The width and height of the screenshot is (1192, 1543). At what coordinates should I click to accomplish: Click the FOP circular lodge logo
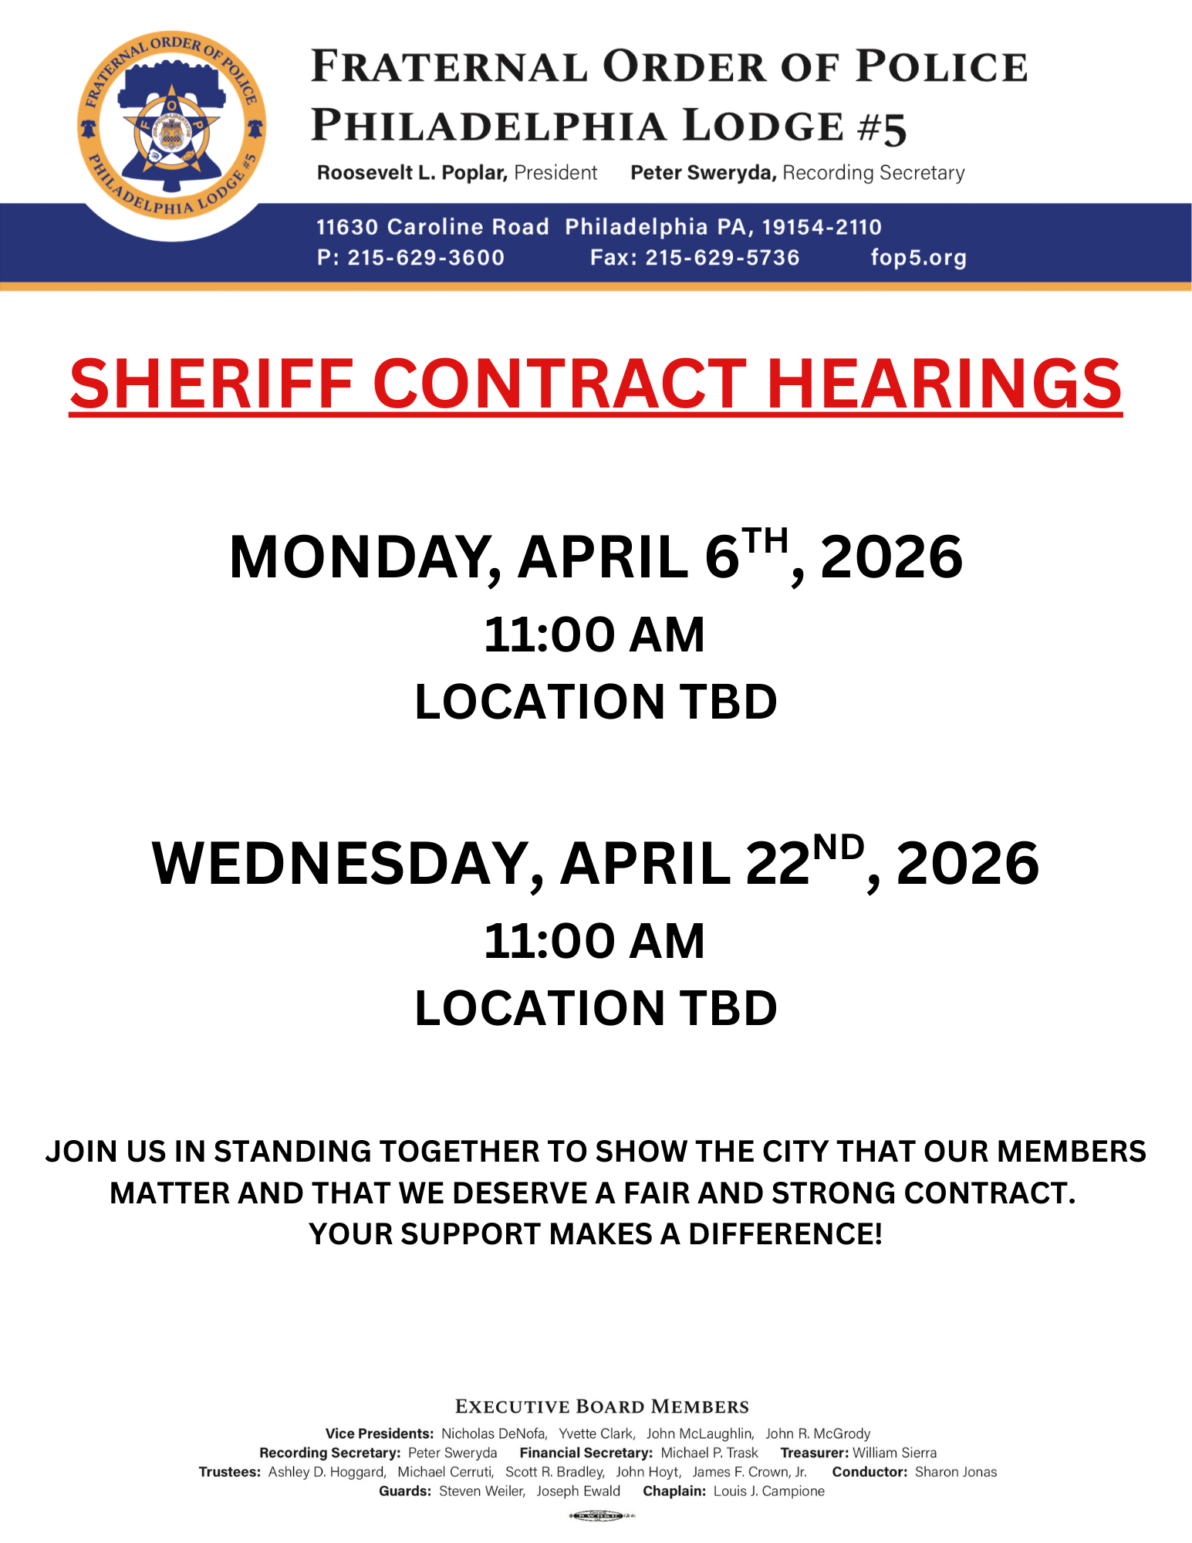coord(171,126)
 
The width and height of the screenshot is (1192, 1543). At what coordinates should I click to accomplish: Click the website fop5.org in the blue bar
coord(918,258)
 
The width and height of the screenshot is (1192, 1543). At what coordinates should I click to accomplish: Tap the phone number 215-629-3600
coord(426,258)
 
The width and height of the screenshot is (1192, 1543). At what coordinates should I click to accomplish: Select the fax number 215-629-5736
coord(722,258)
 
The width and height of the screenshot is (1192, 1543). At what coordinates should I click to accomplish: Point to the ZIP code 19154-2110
coord(821,227)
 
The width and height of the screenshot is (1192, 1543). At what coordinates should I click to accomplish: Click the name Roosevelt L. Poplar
coord(412,173)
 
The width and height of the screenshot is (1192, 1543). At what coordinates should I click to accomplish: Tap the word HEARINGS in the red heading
coord(944,384)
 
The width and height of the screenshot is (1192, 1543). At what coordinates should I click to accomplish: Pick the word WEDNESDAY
coord(347,864)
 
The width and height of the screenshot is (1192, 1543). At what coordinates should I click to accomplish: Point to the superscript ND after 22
coord(839,848)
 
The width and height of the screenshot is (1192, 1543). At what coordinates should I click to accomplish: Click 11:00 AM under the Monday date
coord(595,635)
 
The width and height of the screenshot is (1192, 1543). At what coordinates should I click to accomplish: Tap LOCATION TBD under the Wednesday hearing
coord(596,1008)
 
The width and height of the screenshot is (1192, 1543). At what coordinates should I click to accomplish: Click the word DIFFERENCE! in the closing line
coord(785,1233)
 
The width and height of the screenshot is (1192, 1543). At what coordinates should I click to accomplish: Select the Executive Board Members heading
coord(602,1406)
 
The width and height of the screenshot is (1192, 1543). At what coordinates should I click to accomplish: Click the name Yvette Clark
coord(596,1433)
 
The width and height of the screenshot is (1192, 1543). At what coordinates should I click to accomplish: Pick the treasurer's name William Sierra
coord(894,1453)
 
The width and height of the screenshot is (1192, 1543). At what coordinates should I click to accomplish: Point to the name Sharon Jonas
coord(955,1472)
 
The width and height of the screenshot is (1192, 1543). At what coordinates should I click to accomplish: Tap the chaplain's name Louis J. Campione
coord(768,1491)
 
